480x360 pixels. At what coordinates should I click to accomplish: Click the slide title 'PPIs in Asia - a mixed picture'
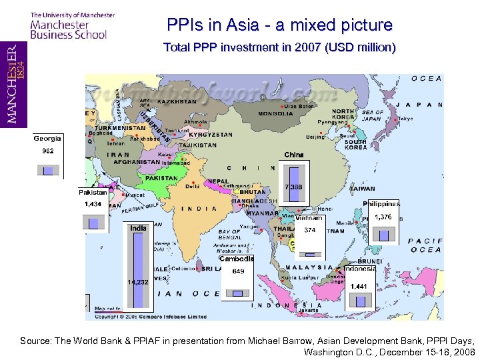point(280,25)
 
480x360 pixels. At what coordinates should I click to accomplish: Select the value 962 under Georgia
point(48,151)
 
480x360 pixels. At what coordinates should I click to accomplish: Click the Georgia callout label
point(48,139)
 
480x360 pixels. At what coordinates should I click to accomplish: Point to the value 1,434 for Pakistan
point(93,204)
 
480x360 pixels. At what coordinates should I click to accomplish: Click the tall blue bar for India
point(138,267)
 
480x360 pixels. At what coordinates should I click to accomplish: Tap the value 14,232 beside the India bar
point(138,282)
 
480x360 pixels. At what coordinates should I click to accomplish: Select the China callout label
point(293,155)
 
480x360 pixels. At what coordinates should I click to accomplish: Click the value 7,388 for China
point(293,187)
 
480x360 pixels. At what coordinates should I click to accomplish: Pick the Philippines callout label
point(381,204)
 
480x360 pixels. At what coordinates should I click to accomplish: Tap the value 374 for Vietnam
point(309,230)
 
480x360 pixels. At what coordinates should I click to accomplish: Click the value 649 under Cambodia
point(238,271)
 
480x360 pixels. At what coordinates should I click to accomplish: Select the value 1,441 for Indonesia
point(359,286)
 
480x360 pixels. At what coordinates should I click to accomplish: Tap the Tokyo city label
point(405,119)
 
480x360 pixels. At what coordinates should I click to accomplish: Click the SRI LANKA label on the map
point(212,269)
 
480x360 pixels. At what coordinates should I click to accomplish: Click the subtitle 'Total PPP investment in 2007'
point(280,48)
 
